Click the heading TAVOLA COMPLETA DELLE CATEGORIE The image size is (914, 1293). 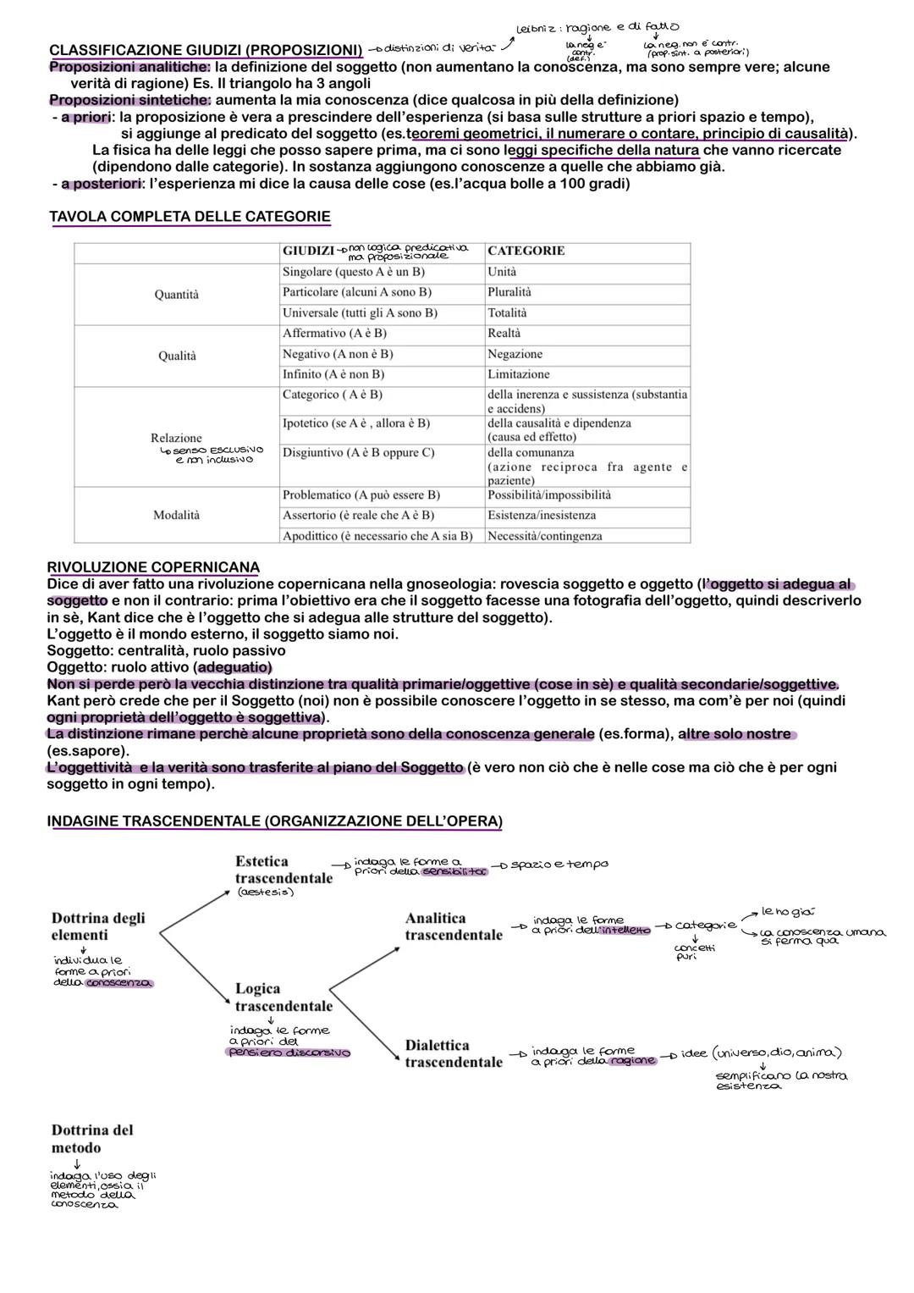[190, 217]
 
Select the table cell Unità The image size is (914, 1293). [502, 272]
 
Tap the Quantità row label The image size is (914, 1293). [177, 294]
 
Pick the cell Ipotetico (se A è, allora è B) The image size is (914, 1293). [356, 423]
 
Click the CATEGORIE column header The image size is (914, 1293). [526, 251]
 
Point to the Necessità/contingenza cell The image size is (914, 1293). [545, 536]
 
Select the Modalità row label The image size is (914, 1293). [177, 515]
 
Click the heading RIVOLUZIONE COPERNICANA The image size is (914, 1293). [153, 566]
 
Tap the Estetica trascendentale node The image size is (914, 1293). [283, 870]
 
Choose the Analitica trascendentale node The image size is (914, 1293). [454, 926]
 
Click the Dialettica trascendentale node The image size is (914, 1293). [454, 1053]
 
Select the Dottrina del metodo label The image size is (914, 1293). [92, 1139]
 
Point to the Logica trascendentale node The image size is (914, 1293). [283, 997]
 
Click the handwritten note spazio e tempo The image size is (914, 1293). [559, 865]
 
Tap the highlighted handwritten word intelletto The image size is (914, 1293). [625, 931]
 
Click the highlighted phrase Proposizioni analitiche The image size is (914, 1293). [129, 67]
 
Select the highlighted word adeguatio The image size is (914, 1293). [234, 667]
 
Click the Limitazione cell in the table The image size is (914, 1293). [518, 374]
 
